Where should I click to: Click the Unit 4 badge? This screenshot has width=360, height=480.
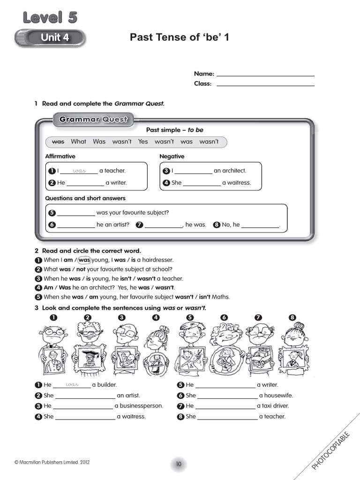pos(51,37)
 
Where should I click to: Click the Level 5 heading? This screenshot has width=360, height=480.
pos(50,17)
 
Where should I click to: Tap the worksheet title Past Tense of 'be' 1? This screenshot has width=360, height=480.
pos(180,37)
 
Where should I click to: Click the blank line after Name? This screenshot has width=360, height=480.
pos(265,74)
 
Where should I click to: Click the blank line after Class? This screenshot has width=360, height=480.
pos(265,84)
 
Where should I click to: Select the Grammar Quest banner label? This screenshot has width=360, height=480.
pos(93,120)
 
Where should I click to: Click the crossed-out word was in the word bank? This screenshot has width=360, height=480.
pos(58,142)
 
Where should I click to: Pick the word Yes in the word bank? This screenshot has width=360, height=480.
pos(143,142)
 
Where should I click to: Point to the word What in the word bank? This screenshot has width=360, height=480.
pos(79,142)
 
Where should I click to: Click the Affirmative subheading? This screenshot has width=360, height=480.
pos(60,156)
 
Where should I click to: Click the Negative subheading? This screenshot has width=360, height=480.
pos(172,156)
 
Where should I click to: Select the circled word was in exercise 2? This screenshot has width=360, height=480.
pos(84,260)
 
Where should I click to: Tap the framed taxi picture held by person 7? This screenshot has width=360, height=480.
pos(258,359)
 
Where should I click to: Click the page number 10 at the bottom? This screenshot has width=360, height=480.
pos(179,464)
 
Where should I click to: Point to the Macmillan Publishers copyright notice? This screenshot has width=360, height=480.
pos(52,462)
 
